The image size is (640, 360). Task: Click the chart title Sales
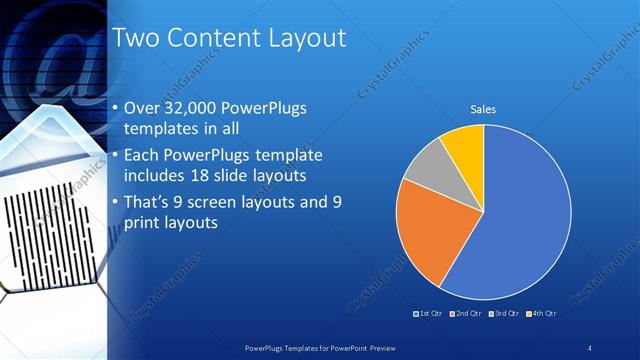484,109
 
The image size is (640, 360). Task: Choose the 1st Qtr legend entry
429,314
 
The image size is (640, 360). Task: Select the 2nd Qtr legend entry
466,314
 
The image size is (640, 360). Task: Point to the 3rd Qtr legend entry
503,314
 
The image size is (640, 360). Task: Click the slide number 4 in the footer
590,346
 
